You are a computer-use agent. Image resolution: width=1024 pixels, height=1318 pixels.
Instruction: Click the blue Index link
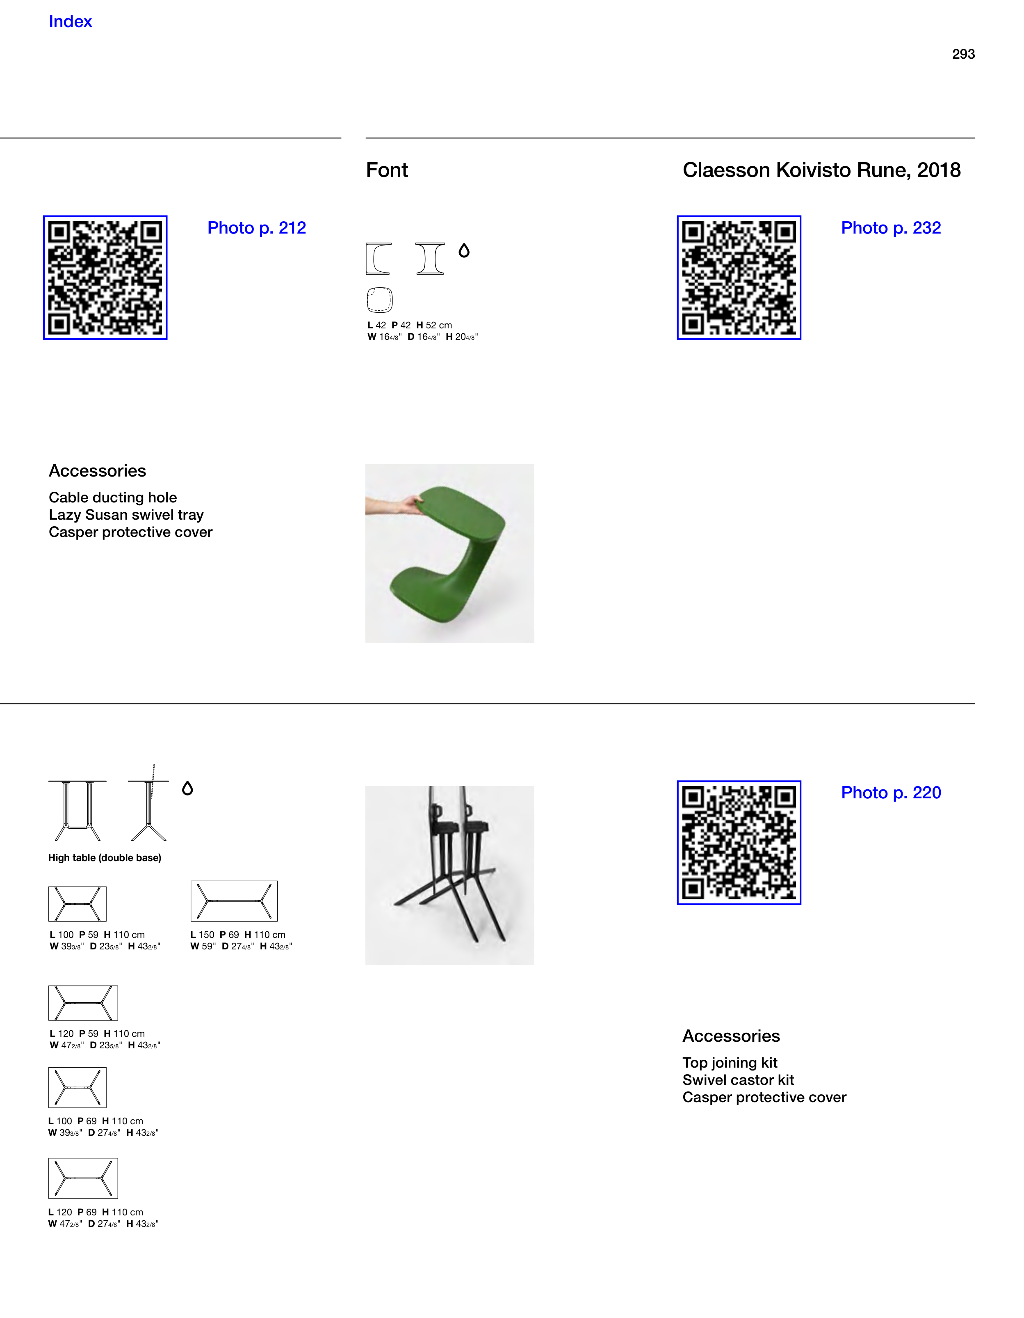point(70,22)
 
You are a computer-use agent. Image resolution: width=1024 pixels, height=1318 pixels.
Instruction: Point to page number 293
point(963,54)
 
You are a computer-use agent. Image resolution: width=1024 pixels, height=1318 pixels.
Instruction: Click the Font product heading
point(387,170)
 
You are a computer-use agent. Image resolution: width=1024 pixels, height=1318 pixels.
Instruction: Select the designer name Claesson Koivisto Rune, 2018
point(821,170)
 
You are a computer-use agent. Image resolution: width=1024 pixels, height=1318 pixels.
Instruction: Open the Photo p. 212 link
point(257,228)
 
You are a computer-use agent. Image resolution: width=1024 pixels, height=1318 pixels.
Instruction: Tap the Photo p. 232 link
point(891,228)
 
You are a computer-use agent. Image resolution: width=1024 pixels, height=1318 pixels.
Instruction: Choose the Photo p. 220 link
point(891,793)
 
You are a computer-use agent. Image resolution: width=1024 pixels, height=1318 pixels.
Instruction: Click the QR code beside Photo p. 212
point(105,277)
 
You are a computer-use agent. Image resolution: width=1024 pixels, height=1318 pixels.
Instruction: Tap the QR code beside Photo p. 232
point(739,277)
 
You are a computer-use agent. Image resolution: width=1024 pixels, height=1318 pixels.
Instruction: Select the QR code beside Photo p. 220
point(739,842)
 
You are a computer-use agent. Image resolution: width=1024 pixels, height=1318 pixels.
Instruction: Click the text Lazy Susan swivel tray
point(126,515)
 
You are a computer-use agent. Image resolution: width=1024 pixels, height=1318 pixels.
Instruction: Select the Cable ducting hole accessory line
point(113,498)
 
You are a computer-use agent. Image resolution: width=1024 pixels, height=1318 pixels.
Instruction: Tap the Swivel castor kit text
point(738,1080)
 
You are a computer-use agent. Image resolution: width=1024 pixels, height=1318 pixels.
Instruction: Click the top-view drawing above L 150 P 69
point(234,901)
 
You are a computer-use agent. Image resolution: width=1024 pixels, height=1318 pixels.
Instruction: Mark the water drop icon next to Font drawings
point(464,250)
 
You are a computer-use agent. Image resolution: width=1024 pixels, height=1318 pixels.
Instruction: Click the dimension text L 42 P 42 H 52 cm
point(410,325)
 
